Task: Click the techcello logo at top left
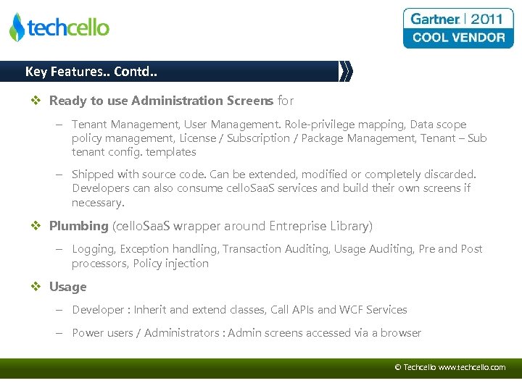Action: [59, 28]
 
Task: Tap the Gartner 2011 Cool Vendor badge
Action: [458, 28]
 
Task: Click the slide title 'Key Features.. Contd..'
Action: [91, 72]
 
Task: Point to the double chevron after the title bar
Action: [347, 72]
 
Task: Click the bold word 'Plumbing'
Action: [78, 226]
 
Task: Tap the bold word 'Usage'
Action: [67, 287]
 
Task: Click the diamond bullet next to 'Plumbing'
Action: [36, 226]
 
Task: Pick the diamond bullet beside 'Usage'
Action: [36, 287]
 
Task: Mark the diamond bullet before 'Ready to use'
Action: [36, 101]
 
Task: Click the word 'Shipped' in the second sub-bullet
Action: [94, 175]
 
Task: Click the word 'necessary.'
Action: [98, 203]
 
